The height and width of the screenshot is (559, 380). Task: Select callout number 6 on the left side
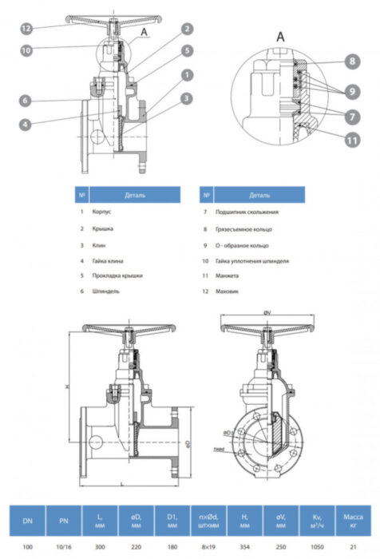click(x=26, y=101)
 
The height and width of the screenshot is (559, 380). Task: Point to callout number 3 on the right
click(x=185, y=97)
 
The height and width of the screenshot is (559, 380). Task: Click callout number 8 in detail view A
click(x=352, y=61)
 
